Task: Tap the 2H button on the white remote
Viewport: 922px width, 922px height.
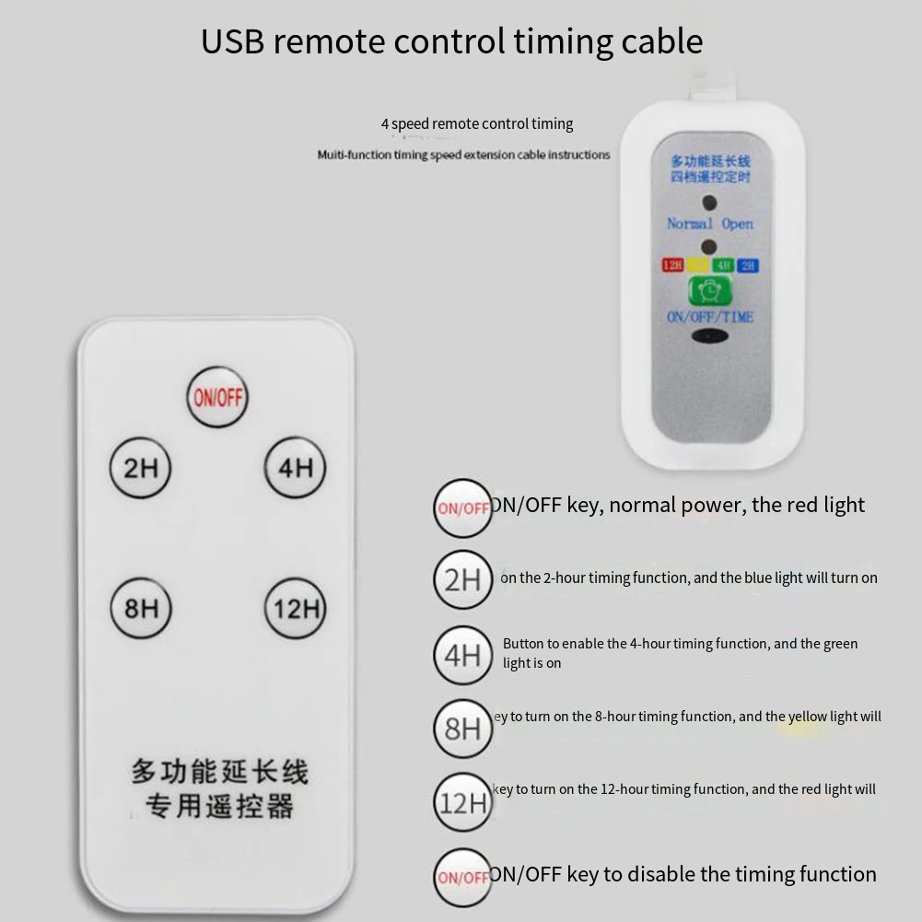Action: click(x=141, y=469)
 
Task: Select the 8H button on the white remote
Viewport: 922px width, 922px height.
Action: click(x=141, y=609)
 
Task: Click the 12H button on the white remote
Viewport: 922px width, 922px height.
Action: click(x=296, y=609)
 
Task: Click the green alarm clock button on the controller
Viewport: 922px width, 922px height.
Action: click(x=709, y=291)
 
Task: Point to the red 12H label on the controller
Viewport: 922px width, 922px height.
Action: click(x=672, y=265)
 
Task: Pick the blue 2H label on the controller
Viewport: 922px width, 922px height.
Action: click(x=748, y=265)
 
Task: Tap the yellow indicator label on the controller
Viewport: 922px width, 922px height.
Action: click(x=697, y=265)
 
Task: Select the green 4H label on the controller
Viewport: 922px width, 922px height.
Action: click(x=723, y=265)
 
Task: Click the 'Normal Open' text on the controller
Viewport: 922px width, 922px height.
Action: click(x=709, y=224)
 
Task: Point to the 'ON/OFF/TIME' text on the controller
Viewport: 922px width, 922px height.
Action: click(x=709, y=317)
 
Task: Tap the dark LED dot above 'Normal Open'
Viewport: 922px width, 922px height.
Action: click(x=709, y=203)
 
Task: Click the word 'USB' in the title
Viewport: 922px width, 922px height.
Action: click(x=233, y=41)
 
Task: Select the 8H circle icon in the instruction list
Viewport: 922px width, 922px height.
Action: click(x=462, y=729)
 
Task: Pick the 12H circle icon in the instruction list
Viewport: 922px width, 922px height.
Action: click(x=462, y=802)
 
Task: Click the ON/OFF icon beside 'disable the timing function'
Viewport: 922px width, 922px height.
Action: click(x=462, y=877)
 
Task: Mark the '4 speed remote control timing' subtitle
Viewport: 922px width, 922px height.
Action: click(x=477, y=124)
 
